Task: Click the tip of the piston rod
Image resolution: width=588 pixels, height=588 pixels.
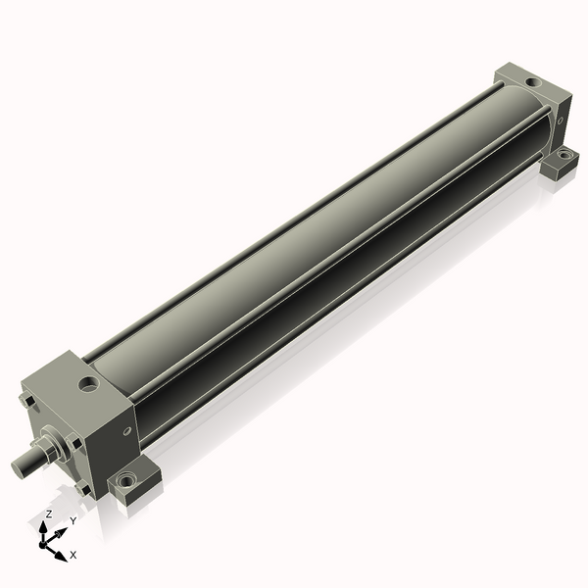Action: tap(18, 468)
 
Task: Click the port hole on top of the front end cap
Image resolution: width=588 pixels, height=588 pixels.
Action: tap(88, 384)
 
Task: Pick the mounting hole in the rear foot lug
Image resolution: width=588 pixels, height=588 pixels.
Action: tap(563, 154)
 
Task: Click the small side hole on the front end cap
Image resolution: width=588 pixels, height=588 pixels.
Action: tap(127, 431)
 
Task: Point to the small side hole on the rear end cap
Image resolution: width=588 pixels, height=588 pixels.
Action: tap(561, 121)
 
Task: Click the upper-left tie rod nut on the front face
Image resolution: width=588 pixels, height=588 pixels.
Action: tap(27, 400)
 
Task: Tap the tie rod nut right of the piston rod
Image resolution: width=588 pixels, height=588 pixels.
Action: tap(73, 442)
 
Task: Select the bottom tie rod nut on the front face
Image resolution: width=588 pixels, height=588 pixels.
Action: tap(82, 488)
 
